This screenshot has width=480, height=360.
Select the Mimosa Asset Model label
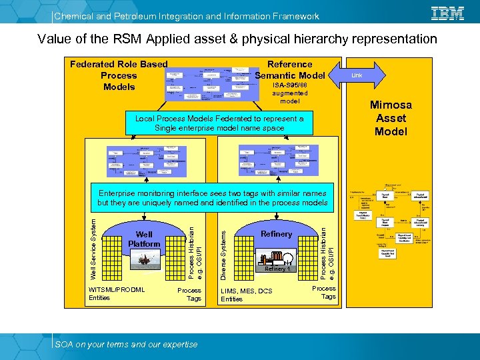tap(391, 118)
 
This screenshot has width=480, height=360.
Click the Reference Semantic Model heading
tap(289, 69)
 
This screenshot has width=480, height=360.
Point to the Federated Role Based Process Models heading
tap(119, 75)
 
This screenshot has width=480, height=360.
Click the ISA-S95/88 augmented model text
tap(289, 93)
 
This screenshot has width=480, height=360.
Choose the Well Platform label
tap(144, 239)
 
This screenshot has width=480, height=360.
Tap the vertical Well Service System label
tap(93, 247)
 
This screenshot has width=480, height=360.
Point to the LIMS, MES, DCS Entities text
tap(246, 295)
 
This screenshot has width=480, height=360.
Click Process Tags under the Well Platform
tap(189, 295)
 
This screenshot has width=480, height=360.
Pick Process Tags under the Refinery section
tap(324, 293)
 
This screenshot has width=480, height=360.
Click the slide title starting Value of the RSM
tap(237, 39)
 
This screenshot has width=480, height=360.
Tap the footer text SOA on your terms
tap(126, 344)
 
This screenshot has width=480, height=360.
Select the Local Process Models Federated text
tap(219, 123)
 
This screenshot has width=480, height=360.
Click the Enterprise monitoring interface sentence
tap(212, 197)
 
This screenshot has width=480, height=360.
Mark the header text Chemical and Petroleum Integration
tap(186, 16)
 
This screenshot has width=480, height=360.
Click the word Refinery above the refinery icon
tap(276, 234)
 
